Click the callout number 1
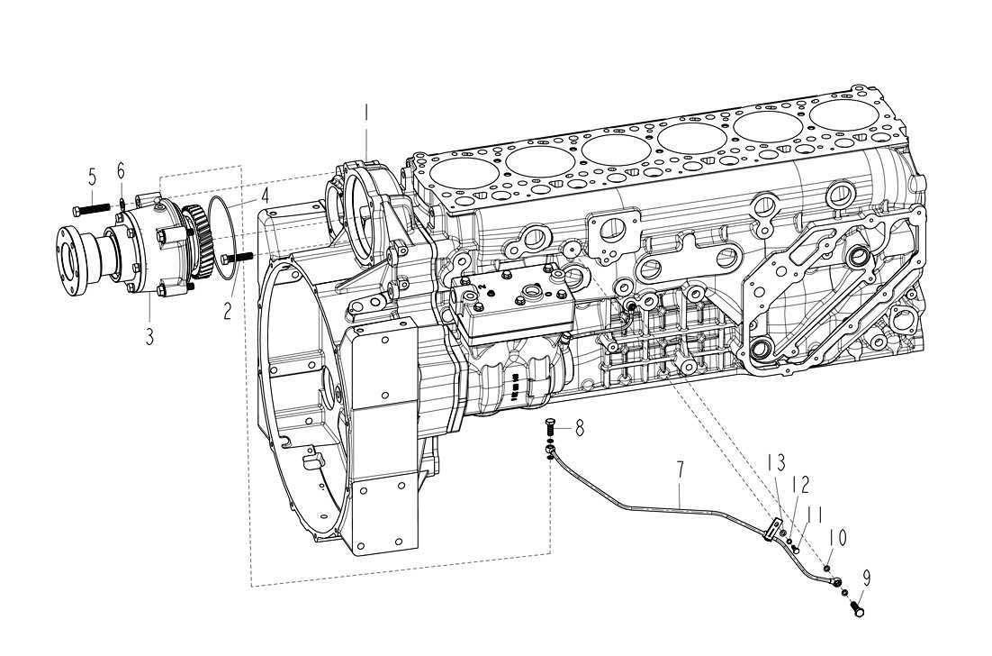click(x=366, y=114)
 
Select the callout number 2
click(x=227, y=312)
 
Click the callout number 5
click(x=92, y=175)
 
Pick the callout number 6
click(x=121, y=170)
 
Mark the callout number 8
click(x=580, y=428)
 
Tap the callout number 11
click(x=815, y=514)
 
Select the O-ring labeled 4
click(x=225, y=227)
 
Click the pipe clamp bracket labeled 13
click(x=771, y=530)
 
